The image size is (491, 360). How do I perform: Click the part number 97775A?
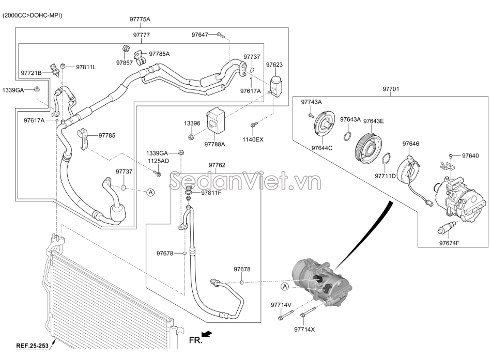pos(140,19)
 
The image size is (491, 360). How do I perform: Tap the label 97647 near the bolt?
pos(200,35)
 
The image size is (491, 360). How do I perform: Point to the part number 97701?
pos(391,89)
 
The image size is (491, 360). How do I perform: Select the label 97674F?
pos(449,243)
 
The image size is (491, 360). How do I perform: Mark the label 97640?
pos(470,155)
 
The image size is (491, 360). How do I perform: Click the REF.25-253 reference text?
pos(32,346)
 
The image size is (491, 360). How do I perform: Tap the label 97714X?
pos(304,329)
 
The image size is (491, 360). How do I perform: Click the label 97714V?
pos(281,305)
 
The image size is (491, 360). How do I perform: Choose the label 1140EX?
pos(253,139)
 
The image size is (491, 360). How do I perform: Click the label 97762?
pos(217,165)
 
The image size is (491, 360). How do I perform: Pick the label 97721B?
pos(32,73)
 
